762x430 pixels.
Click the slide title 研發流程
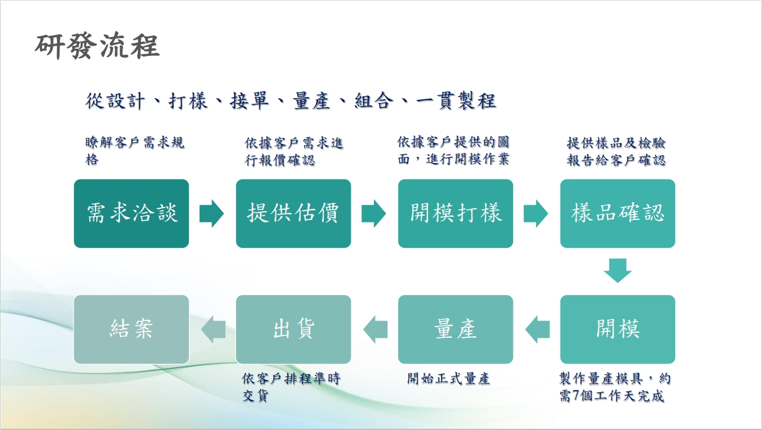(x=97, y=46)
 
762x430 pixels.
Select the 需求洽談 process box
(x=131, y=214)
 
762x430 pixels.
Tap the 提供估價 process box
(x=294, y=214)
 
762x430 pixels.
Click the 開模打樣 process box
(x=455, y=214)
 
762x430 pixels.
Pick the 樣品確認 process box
(x=618, y=214)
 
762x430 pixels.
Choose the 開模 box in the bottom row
(x=618, y=329)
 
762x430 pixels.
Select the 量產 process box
(x=455, y=329)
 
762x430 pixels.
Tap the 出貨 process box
(x=294, y=329)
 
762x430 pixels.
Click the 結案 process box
(x=131, y=329)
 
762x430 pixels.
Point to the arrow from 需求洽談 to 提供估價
(x=212, y=214)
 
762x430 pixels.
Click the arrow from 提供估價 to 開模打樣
(x=374, y=214)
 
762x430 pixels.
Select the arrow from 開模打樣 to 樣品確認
(x=536, y=214)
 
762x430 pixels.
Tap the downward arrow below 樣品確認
(x=618, y=271)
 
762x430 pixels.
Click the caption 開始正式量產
(x=449, y=379)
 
